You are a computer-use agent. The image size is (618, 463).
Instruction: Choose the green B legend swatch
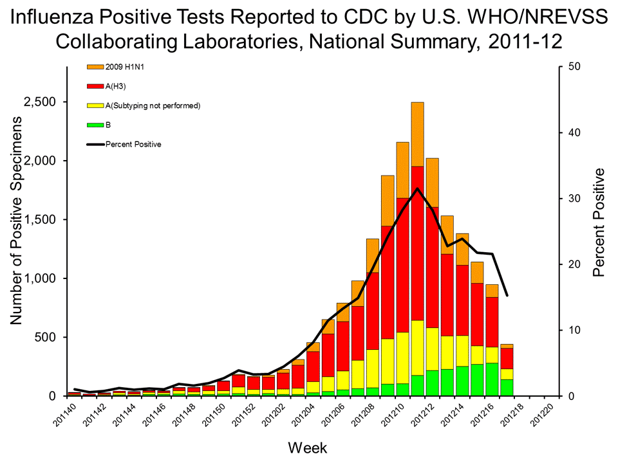coord(95,125)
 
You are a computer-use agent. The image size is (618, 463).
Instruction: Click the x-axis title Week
coord(308,446)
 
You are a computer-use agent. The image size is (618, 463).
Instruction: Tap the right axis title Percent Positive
coord(599,222)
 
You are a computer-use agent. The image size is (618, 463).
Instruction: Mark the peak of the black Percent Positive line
coord(417,188)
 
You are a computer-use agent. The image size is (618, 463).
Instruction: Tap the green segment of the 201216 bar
coord(492,379)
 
